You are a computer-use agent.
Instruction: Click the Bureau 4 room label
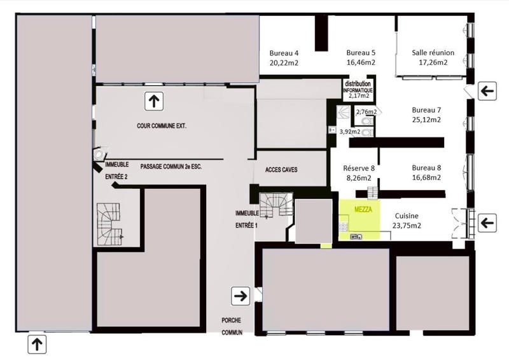(284, 52)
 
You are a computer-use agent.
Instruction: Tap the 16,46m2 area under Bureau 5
(361, 63)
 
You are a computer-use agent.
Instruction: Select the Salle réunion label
(433, 52)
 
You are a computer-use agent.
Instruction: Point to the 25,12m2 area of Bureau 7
(426, 119)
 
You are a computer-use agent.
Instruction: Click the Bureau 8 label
(426, 167)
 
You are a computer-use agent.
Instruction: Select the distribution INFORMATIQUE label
(357, 87)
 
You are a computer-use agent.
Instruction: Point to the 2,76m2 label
(366, 112)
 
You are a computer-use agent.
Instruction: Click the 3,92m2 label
(350, 132)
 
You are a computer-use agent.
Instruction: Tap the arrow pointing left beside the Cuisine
(487, 222)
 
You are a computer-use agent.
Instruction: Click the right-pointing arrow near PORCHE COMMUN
(241, 295)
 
